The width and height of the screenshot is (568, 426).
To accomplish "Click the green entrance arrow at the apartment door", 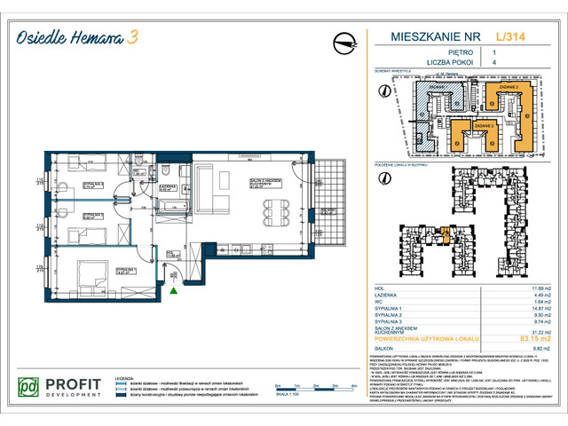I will point(174,288).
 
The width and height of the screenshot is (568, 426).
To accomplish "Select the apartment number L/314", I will point(508,36).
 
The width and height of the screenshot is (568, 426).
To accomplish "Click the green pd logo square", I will point(30,388).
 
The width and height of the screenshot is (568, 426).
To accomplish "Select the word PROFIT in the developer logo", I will point(75,383).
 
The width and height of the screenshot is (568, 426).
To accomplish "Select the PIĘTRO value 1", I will point(493,52).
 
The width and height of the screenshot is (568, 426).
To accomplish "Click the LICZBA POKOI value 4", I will point(493,63).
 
